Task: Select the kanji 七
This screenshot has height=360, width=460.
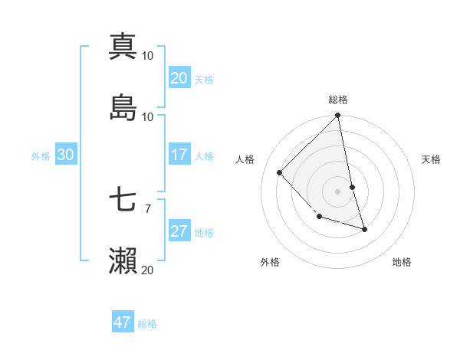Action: [x=123, y=200]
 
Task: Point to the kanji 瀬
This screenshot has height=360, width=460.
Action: [x=123, y=260]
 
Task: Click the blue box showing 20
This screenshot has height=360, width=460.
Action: [x=179, y=77]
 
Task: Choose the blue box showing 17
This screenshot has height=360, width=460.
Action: [x=179, y=155]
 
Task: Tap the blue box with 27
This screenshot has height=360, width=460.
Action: [x=179, y=231]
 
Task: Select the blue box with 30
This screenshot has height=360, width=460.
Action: [x=65, y=155]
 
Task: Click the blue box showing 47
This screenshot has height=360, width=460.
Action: [x=122, y=322]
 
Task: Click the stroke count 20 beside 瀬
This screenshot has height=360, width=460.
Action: [x=147, y=270]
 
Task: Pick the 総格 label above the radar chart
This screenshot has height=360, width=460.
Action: [x=338, y=100]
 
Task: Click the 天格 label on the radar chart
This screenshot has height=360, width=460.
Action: [x=432, y=159]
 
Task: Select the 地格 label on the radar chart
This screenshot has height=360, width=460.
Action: [x=402, y=262]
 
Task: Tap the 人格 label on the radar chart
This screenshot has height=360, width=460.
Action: [x=245, y=159]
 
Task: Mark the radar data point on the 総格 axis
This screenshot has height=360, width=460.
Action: [x=338, y=116]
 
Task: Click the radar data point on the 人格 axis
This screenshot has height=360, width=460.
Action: [x=280, y=172]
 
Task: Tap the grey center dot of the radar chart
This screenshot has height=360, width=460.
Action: [x=338, y=191]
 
